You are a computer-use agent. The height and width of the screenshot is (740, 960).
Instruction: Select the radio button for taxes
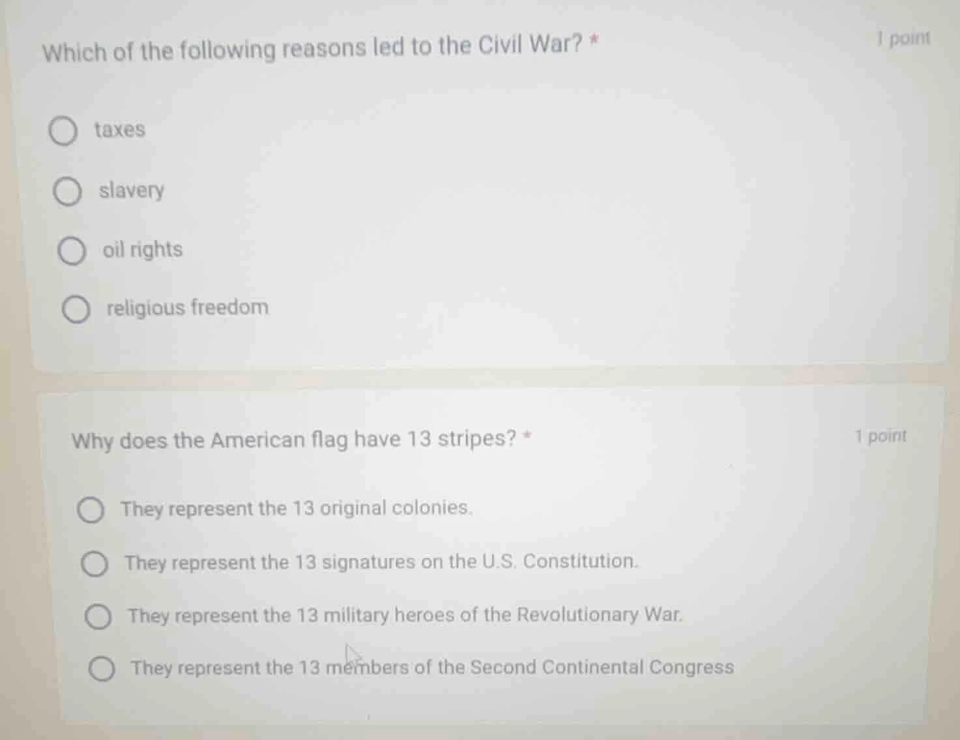tap(63, 132)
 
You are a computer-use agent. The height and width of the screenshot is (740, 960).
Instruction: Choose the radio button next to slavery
tap(67, 192)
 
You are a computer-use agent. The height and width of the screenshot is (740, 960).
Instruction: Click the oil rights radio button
tap(72, 252)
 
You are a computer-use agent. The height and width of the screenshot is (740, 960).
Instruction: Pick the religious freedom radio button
tap(76, 310)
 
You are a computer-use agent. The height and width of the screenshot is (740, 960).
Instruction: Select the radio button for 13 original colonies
tap(91, 511)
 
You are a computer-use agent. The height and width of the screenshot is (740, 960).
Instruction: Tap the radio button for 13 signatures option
tap(95, 565)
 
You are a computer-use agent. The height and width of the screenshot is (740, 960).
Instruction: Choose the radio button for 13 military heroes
tap(98, 617)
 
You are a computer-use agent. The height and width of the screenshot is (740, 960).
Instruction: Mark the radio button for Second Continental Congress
tap(102, 670)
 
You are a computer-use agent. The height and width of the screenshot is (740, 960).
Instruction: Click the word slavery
tap(132, 190)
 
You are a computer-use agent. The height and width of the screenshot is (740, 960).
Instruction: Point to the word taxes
tap(120, 130)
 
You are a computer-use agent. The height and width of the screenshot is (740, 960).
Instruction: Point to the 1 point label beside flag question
tap(880, 436)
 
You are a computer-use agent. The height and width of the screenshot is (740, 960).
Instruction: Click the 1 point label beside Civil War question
tap(903, 38)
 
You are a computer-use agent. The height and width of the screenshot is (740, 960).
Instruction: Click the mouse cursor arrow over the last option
tap(353, 654)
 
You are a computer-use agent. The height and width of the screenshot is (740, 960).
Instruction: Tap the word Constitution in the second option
tap(580, 561)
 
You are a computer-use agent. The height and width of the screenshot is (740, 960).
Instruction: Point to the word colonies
tap(431, 508)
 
